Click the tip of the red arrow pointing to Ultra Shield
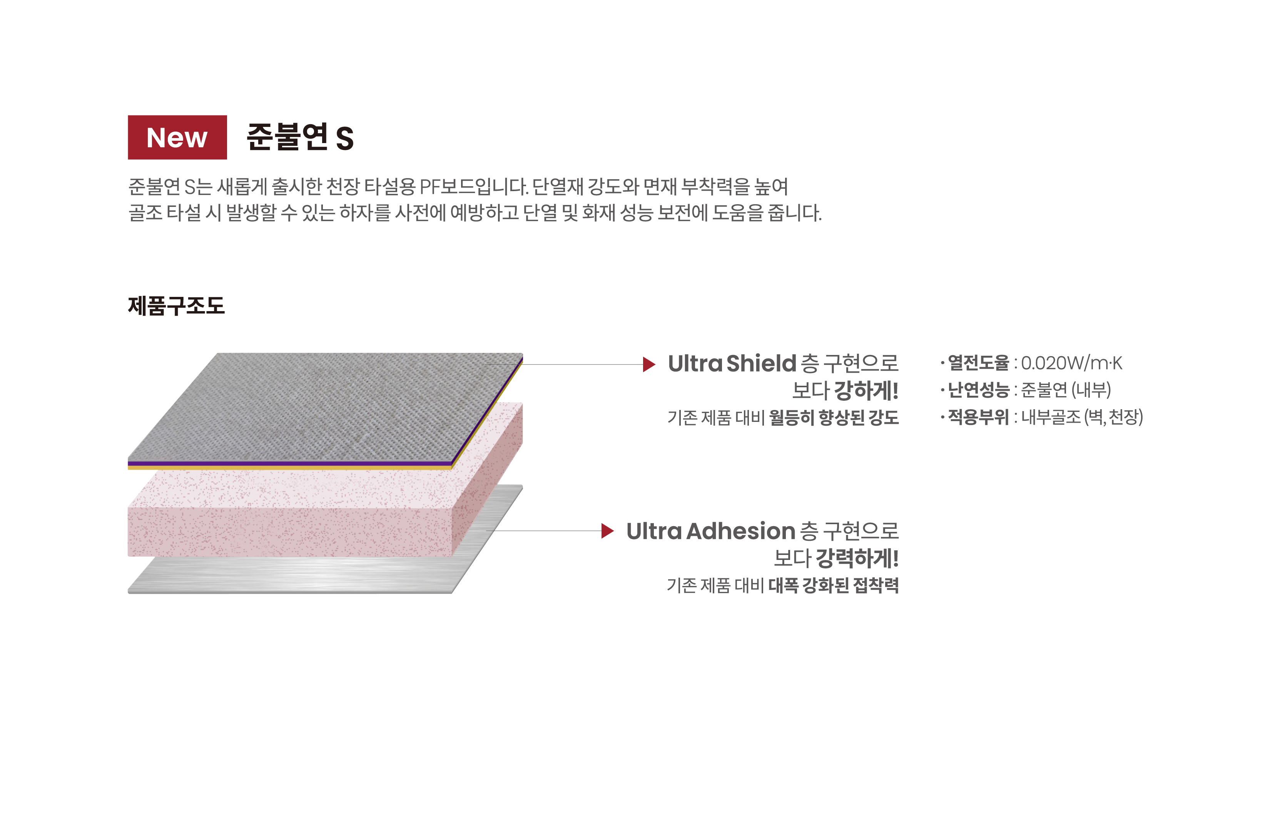655,364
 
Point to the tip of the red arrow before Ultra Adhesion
614,531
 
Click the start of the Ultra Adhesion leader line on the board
487,531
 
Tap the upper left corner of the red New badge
128,116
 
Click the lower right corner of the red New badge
227,159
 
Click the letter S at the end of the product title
345,139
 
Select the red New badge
177,137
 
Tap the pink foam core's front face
290,532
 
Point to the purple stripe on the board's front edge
290,463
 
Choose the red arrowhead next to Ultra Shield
649,364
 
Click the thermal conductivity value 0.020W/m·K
1071,363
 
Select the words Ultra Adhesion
711,531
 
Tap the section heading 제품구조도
177,306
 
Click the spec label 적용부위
978,417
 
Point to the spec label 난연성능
978,390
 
